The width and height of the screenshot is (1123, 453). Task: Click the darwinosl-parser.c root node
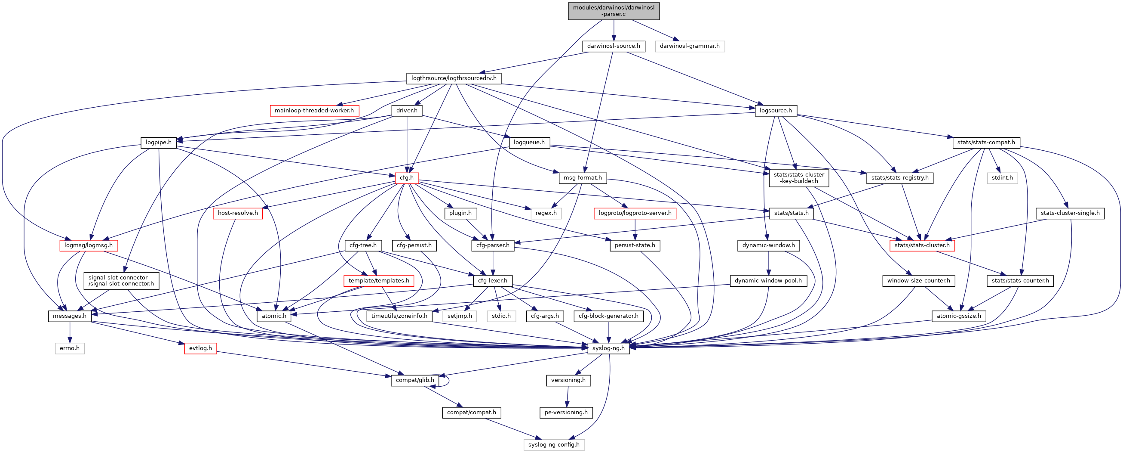click(x=614, y=11)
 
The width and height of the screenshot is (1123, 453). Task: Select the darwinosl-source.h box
click(x=614, y=46)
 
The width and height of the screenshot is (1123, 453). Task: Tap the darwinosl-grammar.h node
click(x=689, y=46)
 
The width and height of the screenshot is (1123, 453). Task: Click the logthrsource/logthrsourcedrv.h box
click(x=454, y=78)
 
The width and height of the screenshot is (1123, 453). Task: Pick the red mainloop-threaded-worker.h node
click(x=314, y=110)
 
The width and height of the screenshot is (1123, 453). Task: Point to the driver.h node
click(x=407, y=110)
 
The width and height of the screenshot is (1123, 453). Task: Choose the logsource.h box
click(x=775, y=110)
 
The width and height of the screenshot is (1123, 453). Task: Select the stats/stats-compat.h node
click(x=986, y=143)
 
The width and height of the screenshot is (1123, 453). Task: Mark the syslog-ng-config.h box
click(x=554, y=445)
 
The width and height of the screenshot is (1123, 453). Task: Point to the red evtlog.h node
click(x=200, y=348)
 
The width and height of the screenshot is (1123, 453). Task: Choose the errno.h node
click(x=70, y=348)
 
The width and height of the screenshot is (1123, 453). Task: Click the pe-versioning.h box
click(x=566, y=413)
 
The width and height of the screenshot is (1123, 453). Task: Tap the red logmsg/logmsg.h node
click(x=88, y=246)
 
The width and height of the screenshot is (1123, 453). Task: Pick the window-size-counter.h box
click(x=918, y=281)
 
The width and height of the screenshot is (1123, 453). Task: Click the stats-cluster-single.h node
click(x=1070, y=214)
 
